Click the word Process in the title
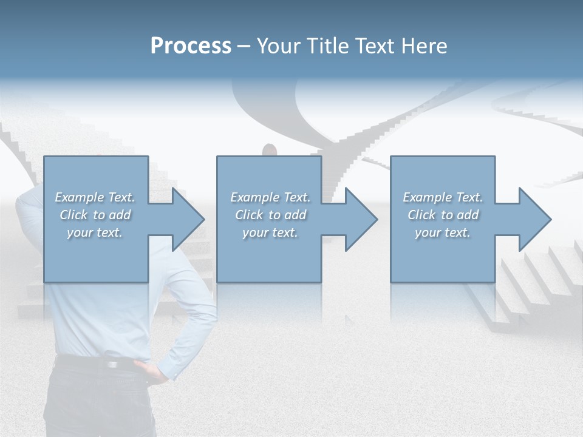point(191,46)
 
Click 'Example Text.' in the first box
point(95,197)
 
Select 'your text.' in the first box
point(95,232)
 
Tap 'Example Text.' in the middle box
point(270,197)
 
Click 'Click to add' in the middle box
point(270,215)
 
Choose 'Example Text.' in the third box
point(443,197)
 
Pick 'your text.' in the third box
point(443,232)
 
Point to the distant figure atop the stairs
point(269,150)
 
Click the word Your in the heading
point(276,46)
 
